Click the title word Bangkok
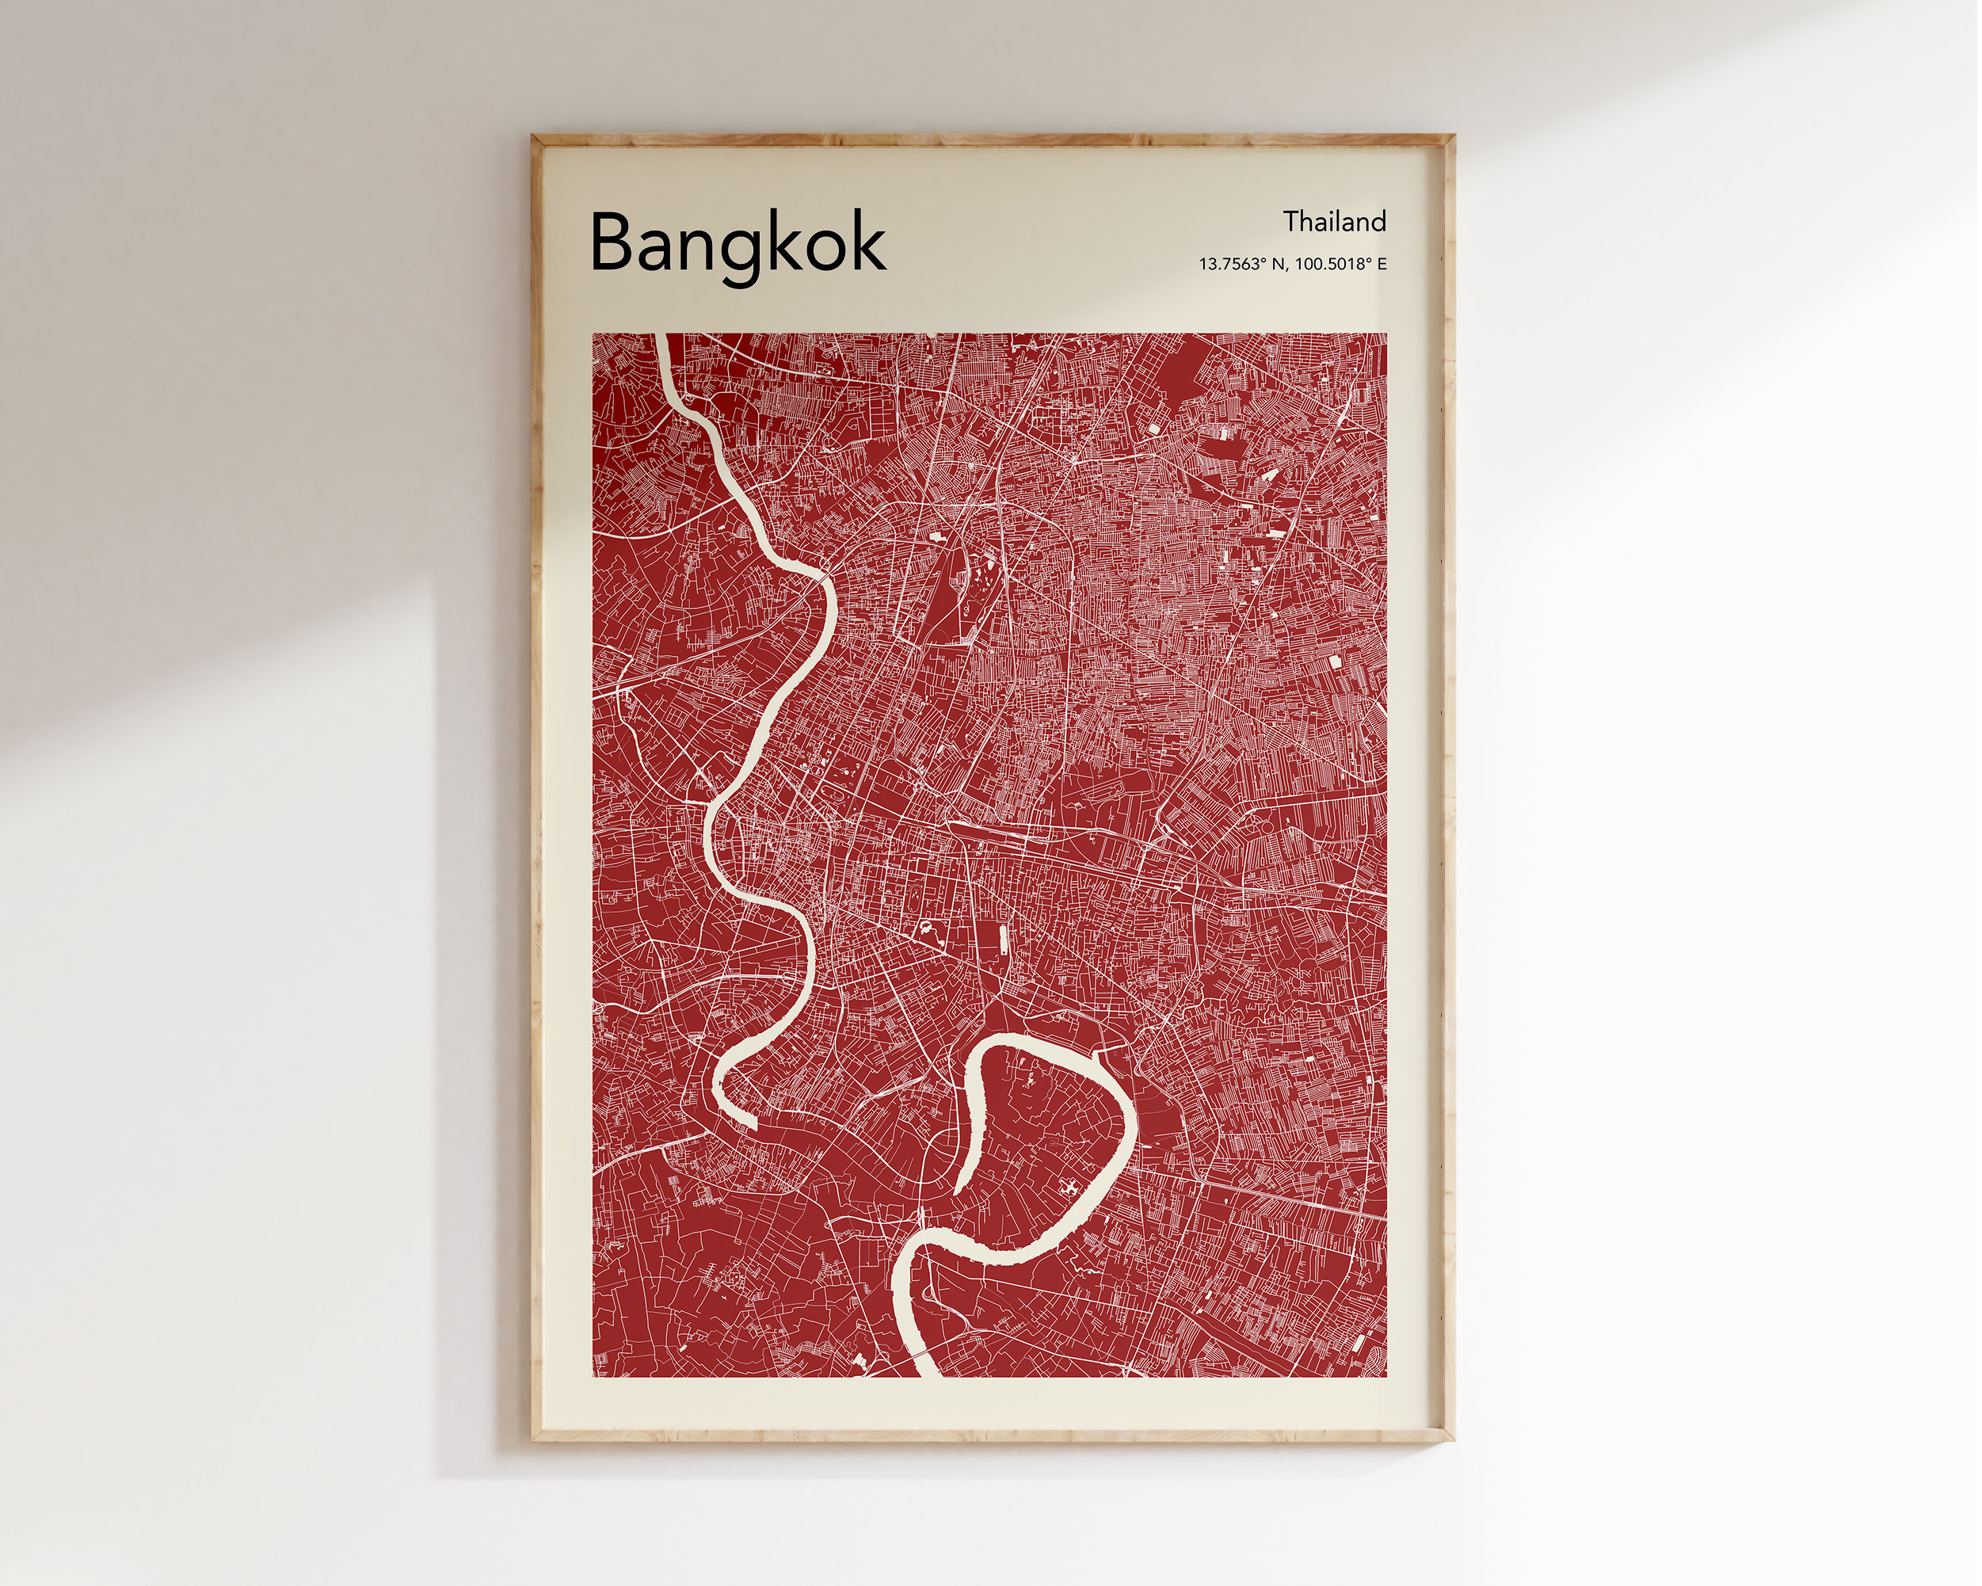pyautogui.click(x=738, y=242)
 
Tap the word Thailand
pyautogui.click(x=1334, y=222)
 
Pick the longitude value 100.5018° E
pyautogui.click(x=1341, y=265)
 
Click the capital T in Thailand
pyautogui.click(x=1291, y=222)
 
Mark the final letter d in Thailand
pyautogui.click(x=1379, y=222)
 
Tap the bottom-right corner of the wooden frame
pyautogui.click(x=1453, y=1439)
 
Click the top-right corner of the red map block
pyautogui.click(x=1386, y=334)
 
